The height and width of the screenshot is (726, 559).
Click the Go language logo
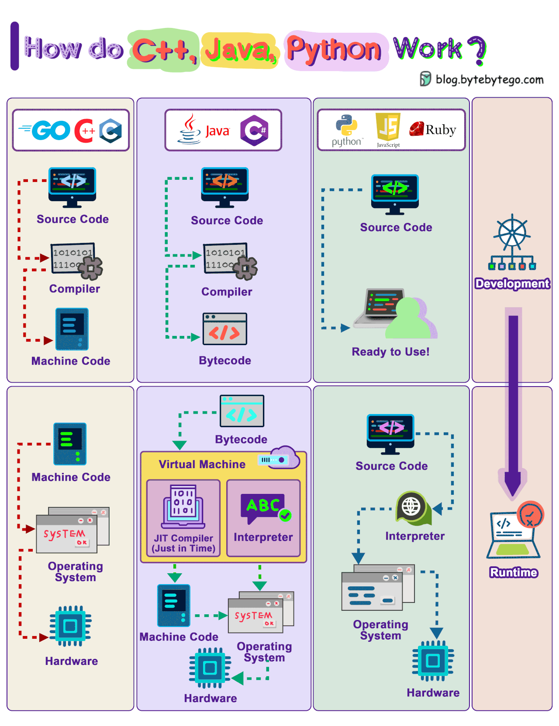(x=45, y=130)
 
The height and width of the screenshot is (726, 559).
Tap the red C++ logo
(x=84, y=130)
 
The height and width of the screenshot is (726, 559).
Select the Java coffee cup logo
(x=189, y=130)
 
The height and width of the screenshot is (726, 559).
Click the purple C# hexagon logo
(x=254, y=130)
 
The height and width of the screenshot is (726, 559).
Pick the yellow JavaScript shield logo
(x=388, y=127)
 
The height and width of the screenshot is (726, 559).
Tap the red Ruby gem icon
(x=417, y=129)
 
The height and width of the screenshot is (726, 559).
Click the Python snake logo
(x=346, y=126)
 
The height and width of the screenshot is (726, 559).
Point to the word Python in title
(x=334, y=49)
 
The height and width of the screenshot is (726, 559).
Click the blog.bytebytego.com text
(x=489, y=79)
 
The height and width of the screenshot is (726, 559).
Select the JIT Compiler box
(x=183, y=518)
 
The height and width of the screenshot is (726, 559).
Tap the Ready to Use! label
(x=390, y=352)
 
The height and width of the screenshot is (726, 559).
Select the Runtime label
(x=514, y=572)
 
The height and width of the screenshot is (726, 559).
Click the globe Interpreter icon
(x=411, y=507)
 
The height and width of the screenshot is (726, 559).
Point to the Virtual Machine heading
(x=202, y=464)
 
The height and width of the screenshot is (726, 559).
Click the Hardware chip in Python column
(x=433, y=661)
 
